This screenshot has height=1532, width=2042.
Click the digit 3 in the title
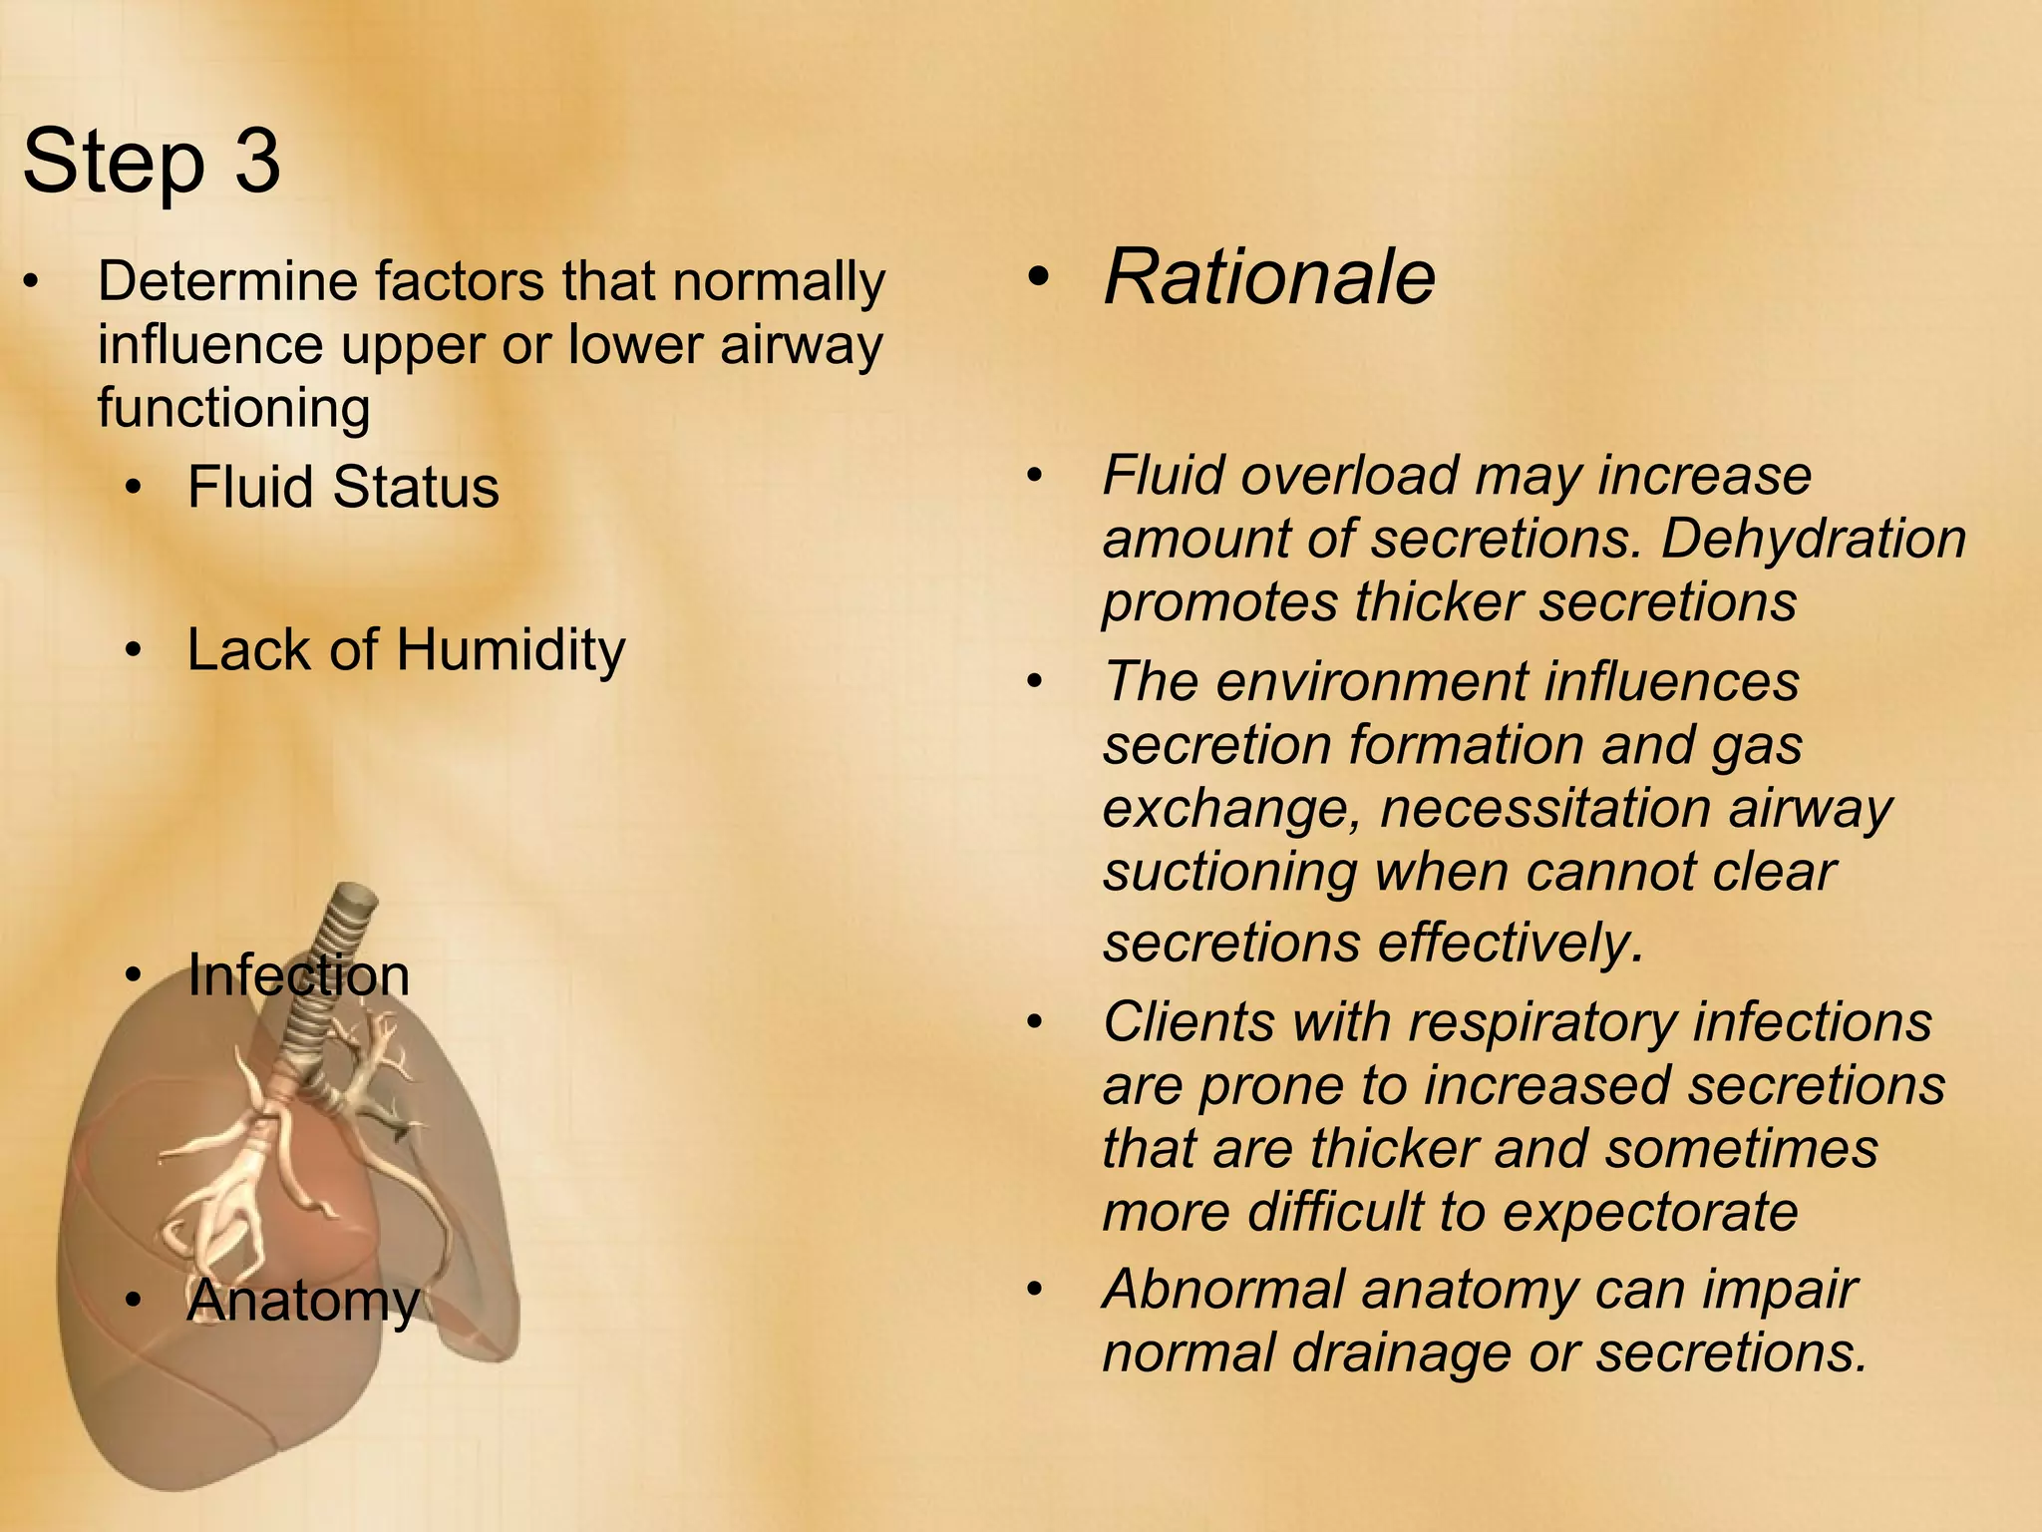[258, 162]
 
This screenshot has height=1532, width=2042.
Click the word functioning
[233, 409]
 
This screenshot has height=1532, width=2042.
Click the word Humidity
[510, 651]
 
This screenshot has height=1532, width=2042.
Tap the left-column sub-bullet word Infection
[299, 975]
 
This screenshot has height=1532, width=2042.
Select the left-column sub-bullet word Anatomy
[303, 1302]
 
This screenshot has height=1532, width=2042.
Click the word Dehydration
[1813, 539]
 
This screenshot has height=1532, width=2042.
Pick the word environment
[1371, 682]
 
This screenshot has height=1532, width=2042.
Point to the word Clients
[1189, 1022]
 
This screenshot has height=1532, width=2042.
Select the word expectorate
[1649, 1212]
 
